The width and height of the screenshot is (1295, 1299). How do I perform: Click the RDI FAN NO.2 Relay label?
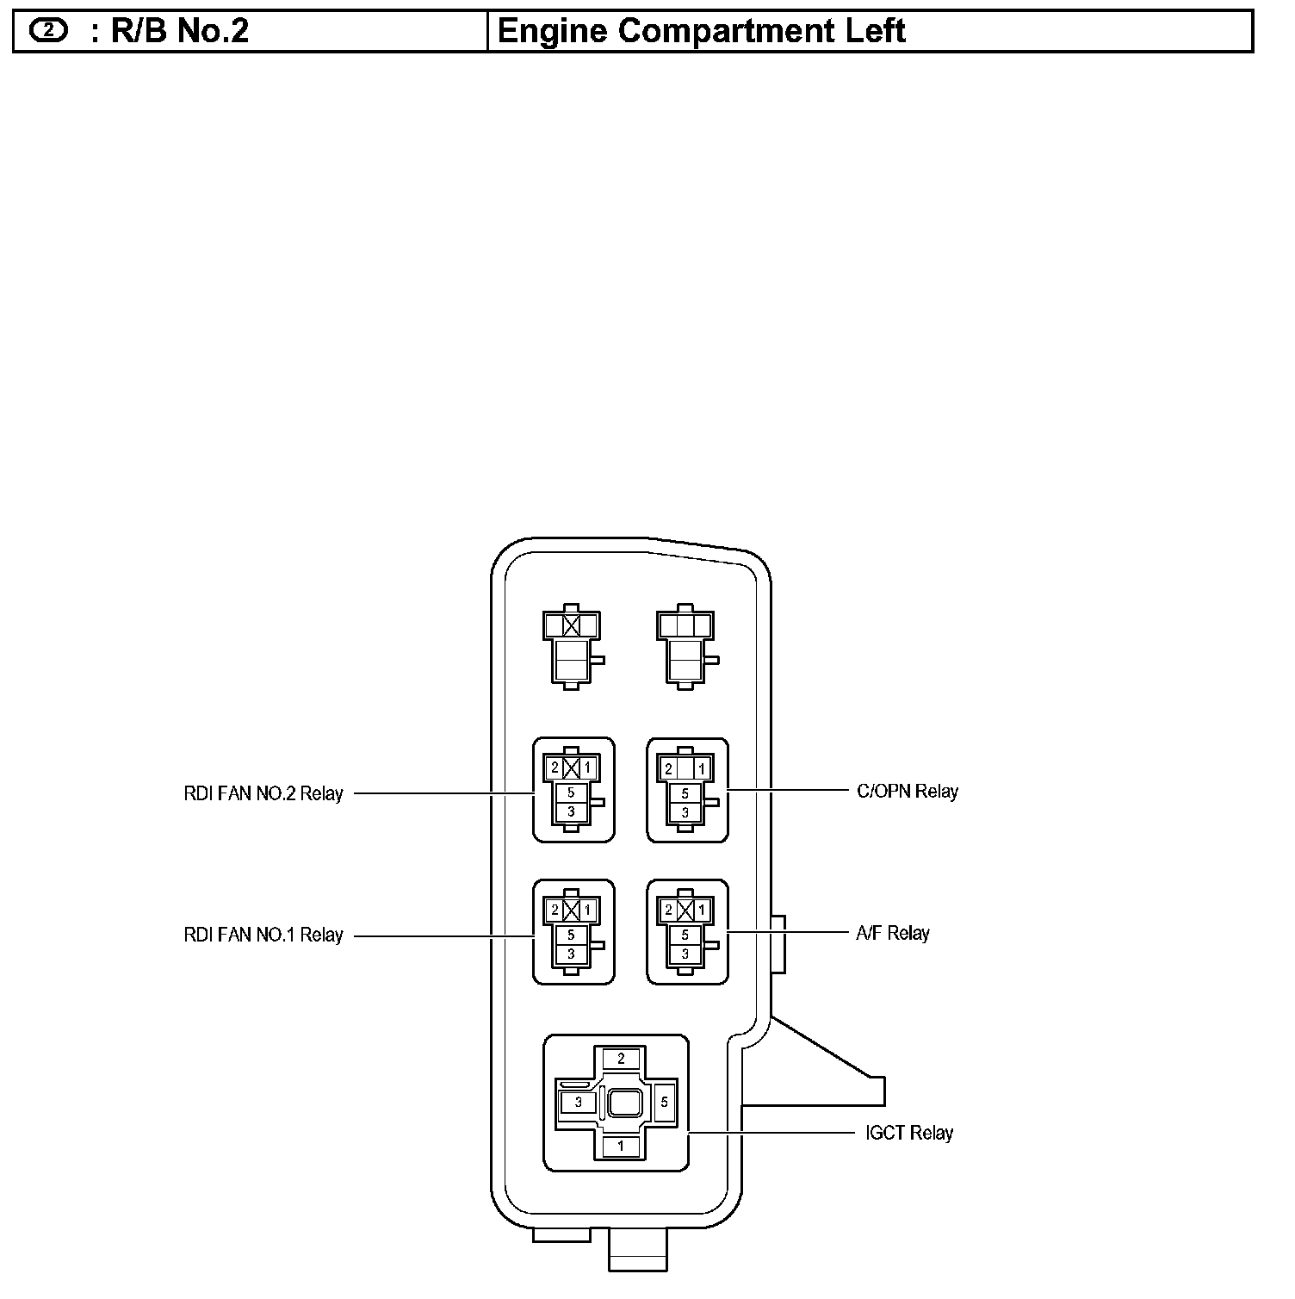pyautogui.click(x=263, y=793)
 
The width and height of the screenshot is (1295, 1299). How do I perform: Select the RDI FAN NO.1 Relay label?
pyautogui.click(x=263, y=935)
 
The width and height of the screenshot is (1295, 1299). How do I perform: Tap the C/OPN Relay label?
pyautogui.click(x=908, y=791)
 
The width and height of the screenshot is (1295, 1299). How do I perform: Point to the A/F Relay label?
pyautogui.click(x=893, y=933)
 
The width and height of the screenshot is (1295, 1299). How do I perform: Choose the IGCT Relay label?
pyautogui.click(x=909, y=1133)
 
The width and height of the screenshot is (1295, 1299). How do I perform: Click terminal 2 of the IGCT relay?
pyautogui.click(x=621, y=1059)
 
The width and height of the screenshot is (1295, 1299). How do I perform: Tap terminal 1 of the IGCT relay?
pyautogui.click(x=621, y=1147)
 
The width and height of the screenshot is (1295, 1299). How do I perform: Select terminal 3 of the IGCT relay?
pyautogui.click(x=579, y=1102)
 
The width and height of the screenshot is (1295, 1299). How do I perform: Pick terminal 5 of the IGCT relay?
pyautogui.click(x=664, y=1102)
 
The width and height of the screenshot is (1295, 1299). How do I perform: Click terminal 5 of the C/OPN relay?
pyautogui.click(x=685, y=793)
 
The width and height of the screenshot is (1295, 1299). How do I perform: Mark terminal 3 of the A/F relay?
pyautogui.click(x=685, y=954)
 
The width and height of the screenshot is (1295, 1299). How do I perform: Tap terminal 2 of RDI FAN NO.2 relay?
pyautogui.click(x=555, y=767)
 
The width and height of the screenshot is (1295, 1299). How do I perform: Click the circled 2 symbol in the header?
pyautogui.click(x=48, y=31)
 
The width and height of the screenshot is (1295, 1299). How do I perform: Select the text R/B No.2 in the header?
pyautogui.click(x=180, y=31)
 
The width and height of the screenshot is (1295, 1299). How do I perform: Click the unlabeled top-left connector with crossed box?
pyautogui.click(x=572, y=646)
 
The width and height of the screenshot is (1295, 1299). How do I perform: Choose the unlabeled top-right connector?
pyautogui.click(x=686, y=646)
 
